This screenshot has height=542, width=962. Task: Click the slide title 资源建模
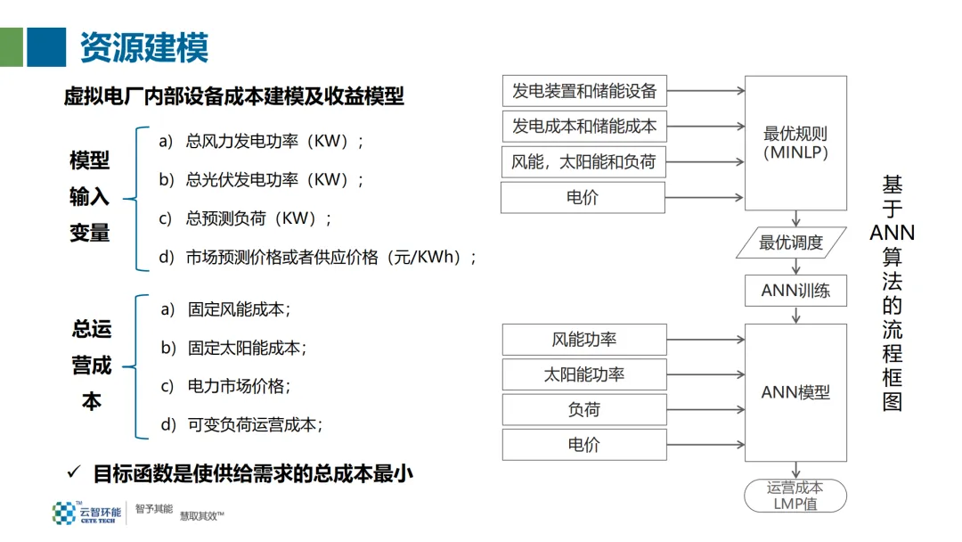click(143, 46)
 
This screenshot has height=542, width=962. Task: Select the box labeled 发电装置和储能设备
click(583, 91)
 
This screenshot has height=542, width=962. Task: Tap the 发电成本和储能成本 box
click(583, 127)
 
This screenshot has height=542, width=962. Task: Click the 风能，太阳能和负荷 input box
click(583, 162)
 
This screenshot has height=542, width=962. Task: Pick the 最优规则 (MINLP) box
click(795, 143)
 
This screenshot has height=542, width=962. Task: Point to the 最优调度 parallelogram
click(791, 242)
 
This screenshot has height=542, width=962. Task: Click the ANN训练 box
click(795, 291)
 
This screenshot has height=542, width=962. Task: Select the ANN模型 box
click(795, 392)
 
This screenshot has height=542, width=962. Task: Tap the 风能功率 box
click(583, 340)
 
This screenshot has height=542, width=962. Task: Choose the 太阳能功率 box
click(583, 374)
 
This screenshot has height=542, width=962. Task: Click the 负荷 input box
click(583, 409)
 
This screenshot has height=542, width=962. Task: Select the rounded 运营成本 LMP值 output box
click(795, 496)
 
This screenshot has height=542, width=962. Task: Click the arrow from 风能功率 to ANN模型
click(705, 340)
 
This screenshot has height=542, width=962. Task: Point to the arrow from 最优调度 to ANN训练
click(795, 267)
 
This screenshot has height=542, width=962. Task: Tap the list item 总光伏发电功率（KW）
click(273, 180)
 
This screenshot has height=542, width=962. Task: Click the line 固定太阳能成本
click(246, 349)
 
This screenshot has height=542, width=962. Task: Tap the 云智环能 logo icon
click(63, 513)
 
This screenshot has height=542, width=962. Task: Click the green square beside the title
click(12, 46)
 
